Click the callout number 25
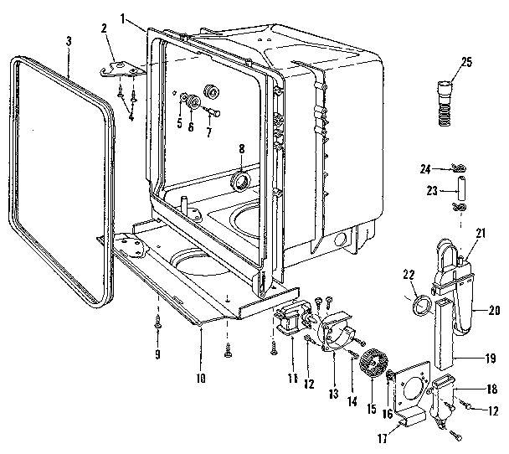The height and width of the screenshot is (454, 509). pos(466,61)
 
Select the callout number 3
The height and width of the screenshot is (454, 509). pos(69,42)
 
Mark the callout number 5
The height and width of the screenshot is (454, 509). pos(177,123)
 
